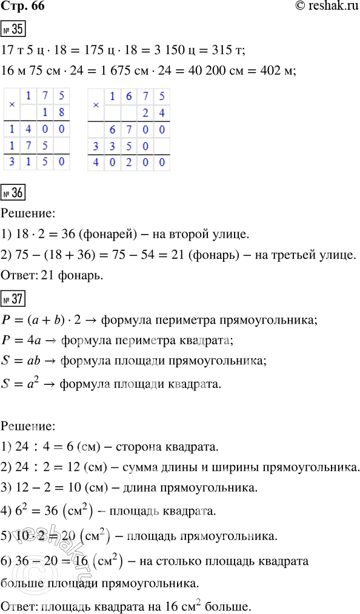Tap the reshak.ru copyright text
coord(321,8)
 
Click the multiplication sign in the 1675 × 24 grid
coord(95,104)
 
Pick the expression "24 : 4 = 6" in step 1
coord(42,447)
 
